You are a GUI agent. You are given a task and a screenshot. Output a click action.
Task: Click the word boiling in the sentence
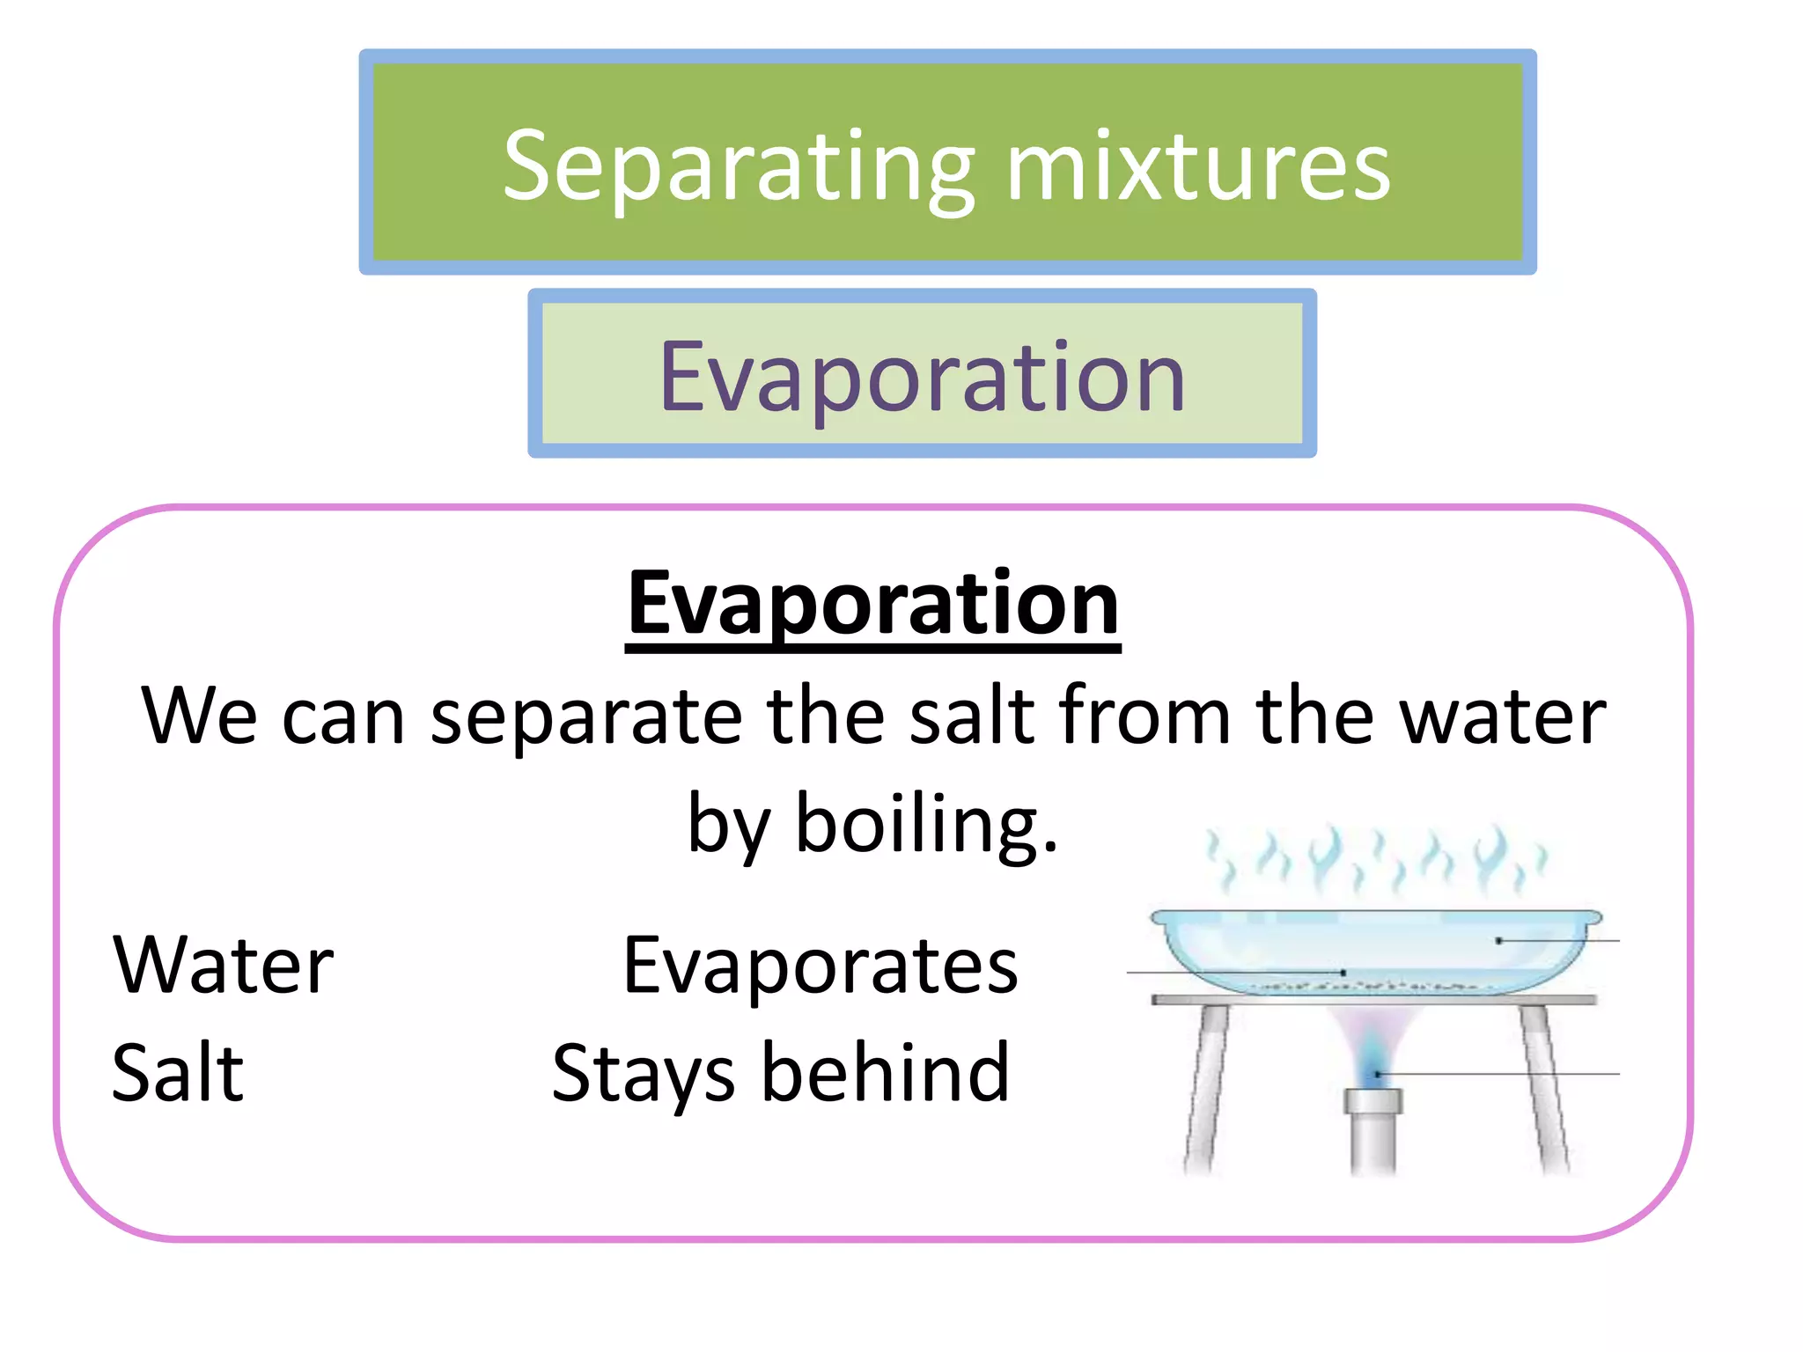(926, 823)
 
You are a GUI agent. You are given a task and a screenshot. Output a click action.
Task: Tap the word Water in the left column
(224, 966)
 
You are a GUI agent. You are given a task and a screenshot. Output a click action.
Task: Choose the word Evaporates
(821, 966)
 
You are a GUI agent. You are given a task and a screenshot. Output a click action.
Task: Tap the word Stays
(643, 1074)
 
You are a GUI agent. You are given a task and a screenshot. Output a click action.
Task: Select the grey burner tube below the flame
(1373, 1135)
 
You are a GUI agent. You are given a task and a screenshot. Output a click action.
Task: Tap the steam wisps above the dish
(1373, 858)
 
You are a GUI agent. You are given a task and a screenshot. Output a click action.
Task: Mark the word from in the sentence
(1144, 716)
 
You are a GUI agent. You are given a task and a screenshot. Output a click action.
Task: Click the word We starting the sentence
(200, 716)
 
